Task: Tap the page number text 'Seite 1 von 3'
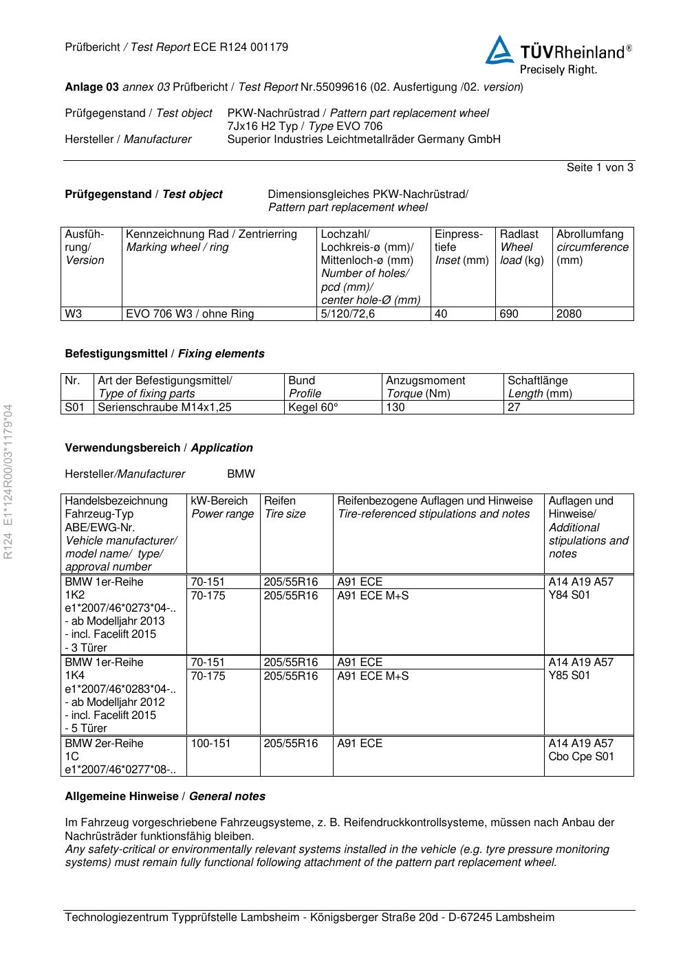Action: click(600, 168)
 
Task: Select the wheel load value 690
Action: click(509, 314)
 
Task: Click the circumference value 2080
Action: click(569, 314)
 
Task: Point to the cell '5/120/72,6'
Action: click(347, 314)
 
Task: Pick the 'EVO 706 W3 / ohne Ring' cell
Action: click(190, 314)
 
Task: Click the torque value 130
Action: click(395, 407)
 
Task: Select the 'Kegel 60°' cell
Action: click(314, 407)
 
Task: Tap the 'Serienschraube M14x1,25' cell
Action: click(165, 407)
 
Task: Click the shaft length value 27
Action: click(514, 407)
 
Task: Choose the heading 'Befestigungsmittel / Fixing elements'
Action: click(164, 354)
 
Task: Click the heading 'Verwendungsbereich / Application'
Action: click(159, 448)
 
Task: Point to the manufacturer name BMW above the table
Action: click(241, 474)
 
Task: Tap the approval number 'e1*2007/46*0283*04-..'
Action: click(120, 689)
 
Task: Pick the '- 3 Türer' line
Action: click(86, 647)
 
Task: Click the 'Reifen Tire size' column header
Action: click(285, 507)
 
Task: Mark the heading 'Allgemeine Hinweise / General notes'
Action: click(165, 797)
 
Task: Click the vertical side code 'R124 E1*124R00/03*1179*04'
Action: click(8, 481)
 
